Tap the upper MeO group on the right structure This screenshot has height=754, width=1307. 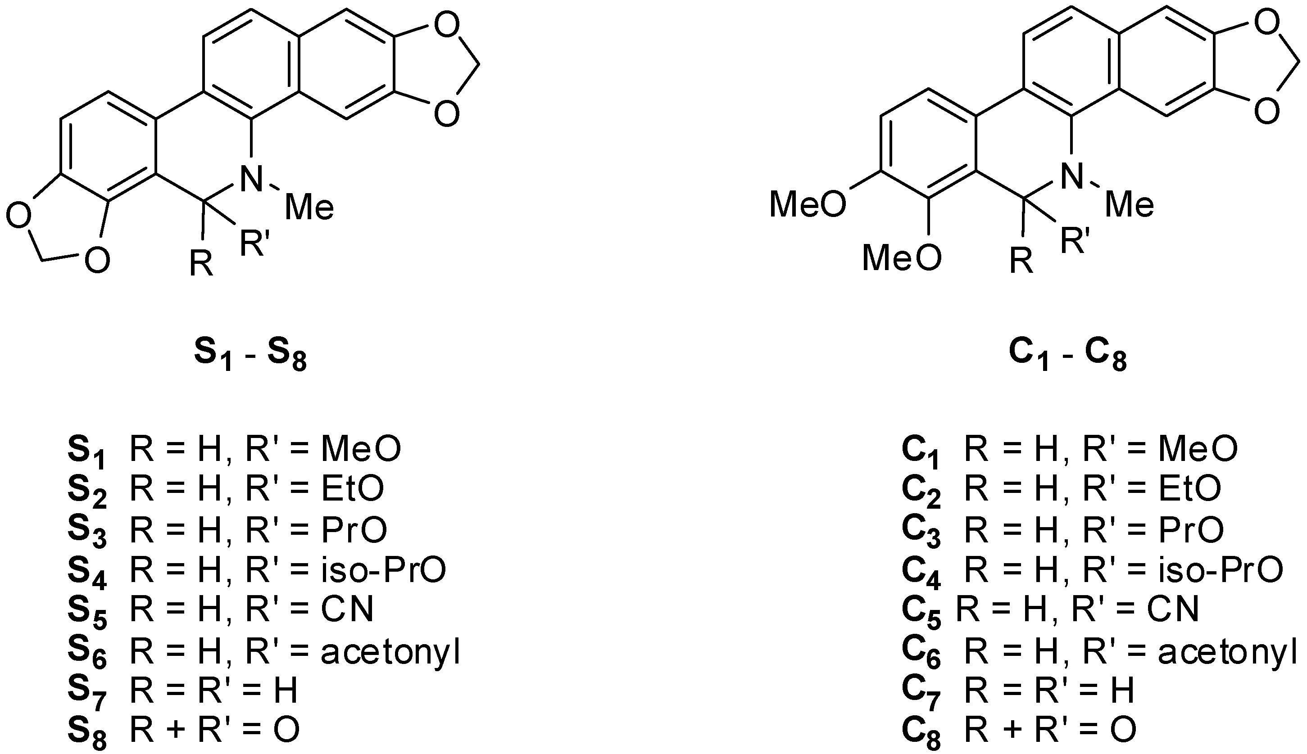pyautogui.click(x=807, y=204)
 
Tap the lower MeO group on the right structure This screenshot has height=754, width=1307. pyautogui.click(x=901, y=258)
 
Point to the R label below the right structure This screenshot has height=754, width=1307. pyautogui.click(x=1021, y=262)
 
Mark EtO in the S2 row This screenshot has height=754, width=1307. pyautogui.click(x=352, y=488)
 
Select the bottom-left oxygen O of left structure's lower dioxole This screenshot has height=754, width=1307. pyautogui.click(x=97, y=261)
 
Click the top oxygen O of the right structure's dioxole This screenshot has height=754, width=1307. pyautogui.click(x=1266, y=25)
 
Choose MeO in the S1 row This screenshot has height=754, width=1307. pyautogui.click(x=361, y=448)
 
